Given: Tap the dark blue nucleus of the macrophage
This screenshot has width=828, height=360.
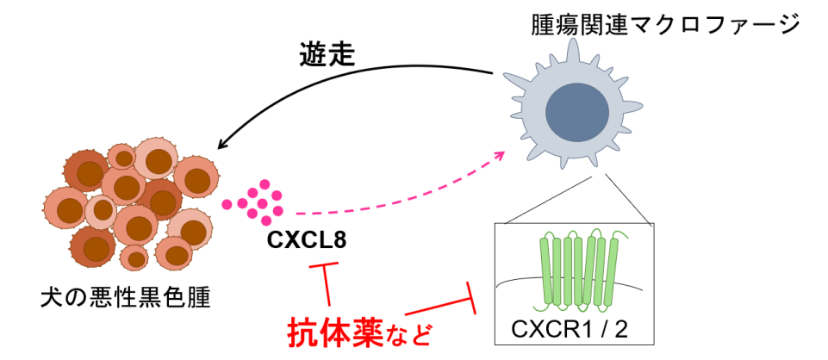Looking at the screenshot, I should click(575, 108).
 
